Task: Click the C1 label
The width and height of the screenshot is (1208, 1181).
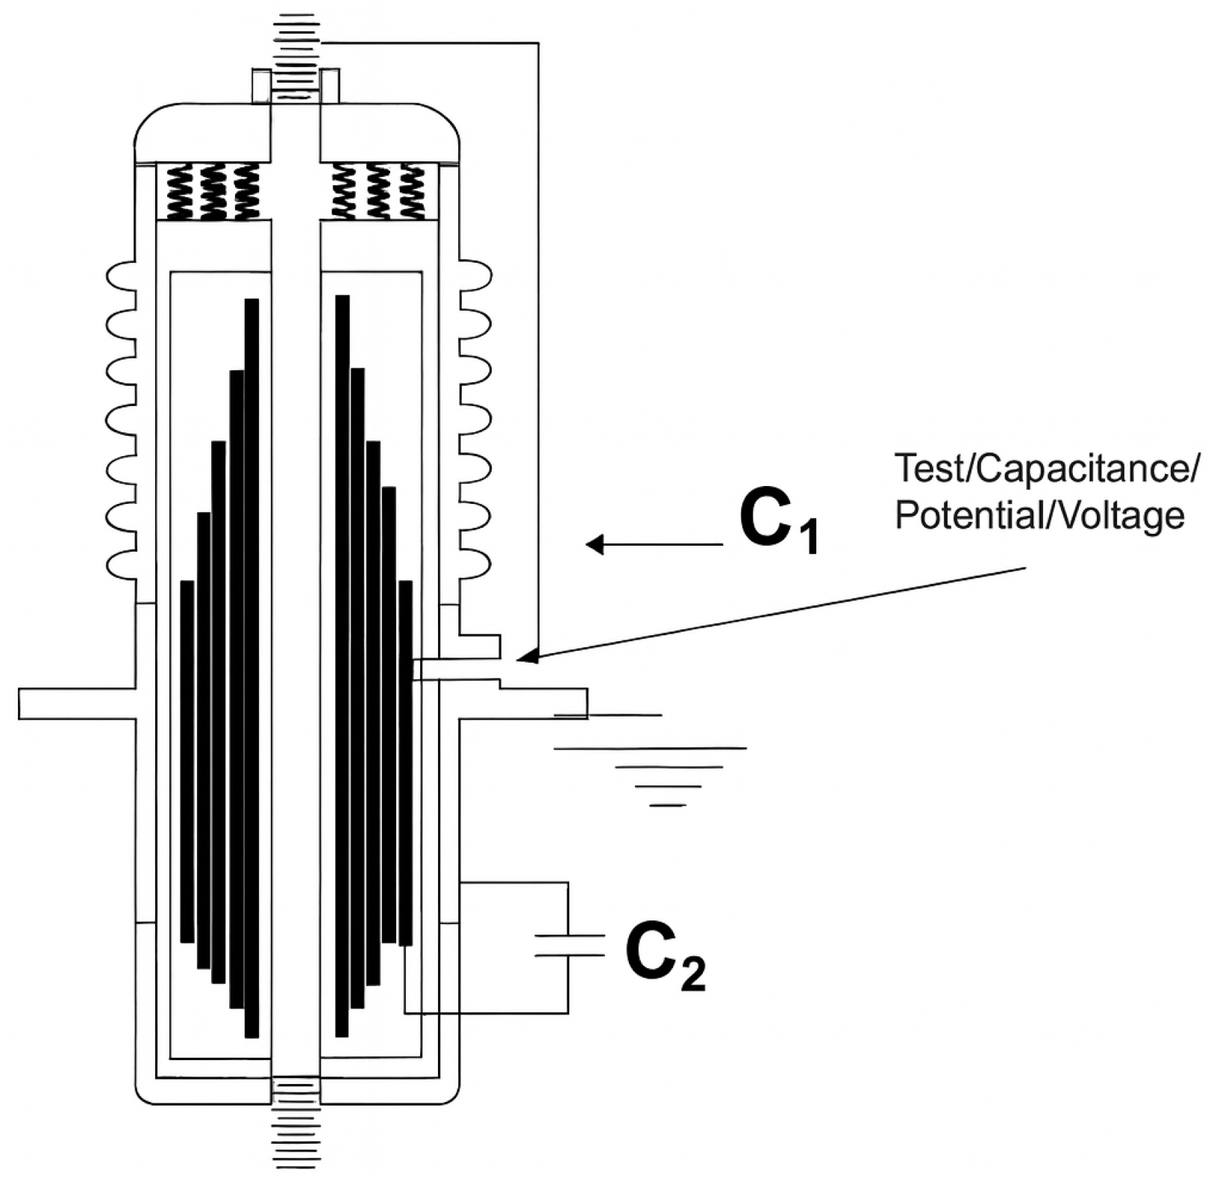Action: (778, 523)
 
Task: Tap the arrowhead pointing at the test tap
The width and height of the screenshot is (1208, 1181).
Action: (527, 657)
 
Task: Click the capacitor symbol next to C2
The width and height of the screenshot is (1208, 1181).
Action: (569, 944)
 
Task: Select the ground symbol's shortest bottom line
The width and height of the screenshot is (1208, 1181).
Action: (668, 805)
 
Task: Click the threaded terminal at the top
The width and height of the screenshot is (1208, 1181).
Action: (296, 45)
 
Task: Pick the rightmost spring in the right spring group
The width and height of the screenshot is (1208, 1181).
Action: (412, 192)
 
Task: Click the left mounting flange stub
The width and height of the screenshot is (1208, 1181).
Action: (75, 704)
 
